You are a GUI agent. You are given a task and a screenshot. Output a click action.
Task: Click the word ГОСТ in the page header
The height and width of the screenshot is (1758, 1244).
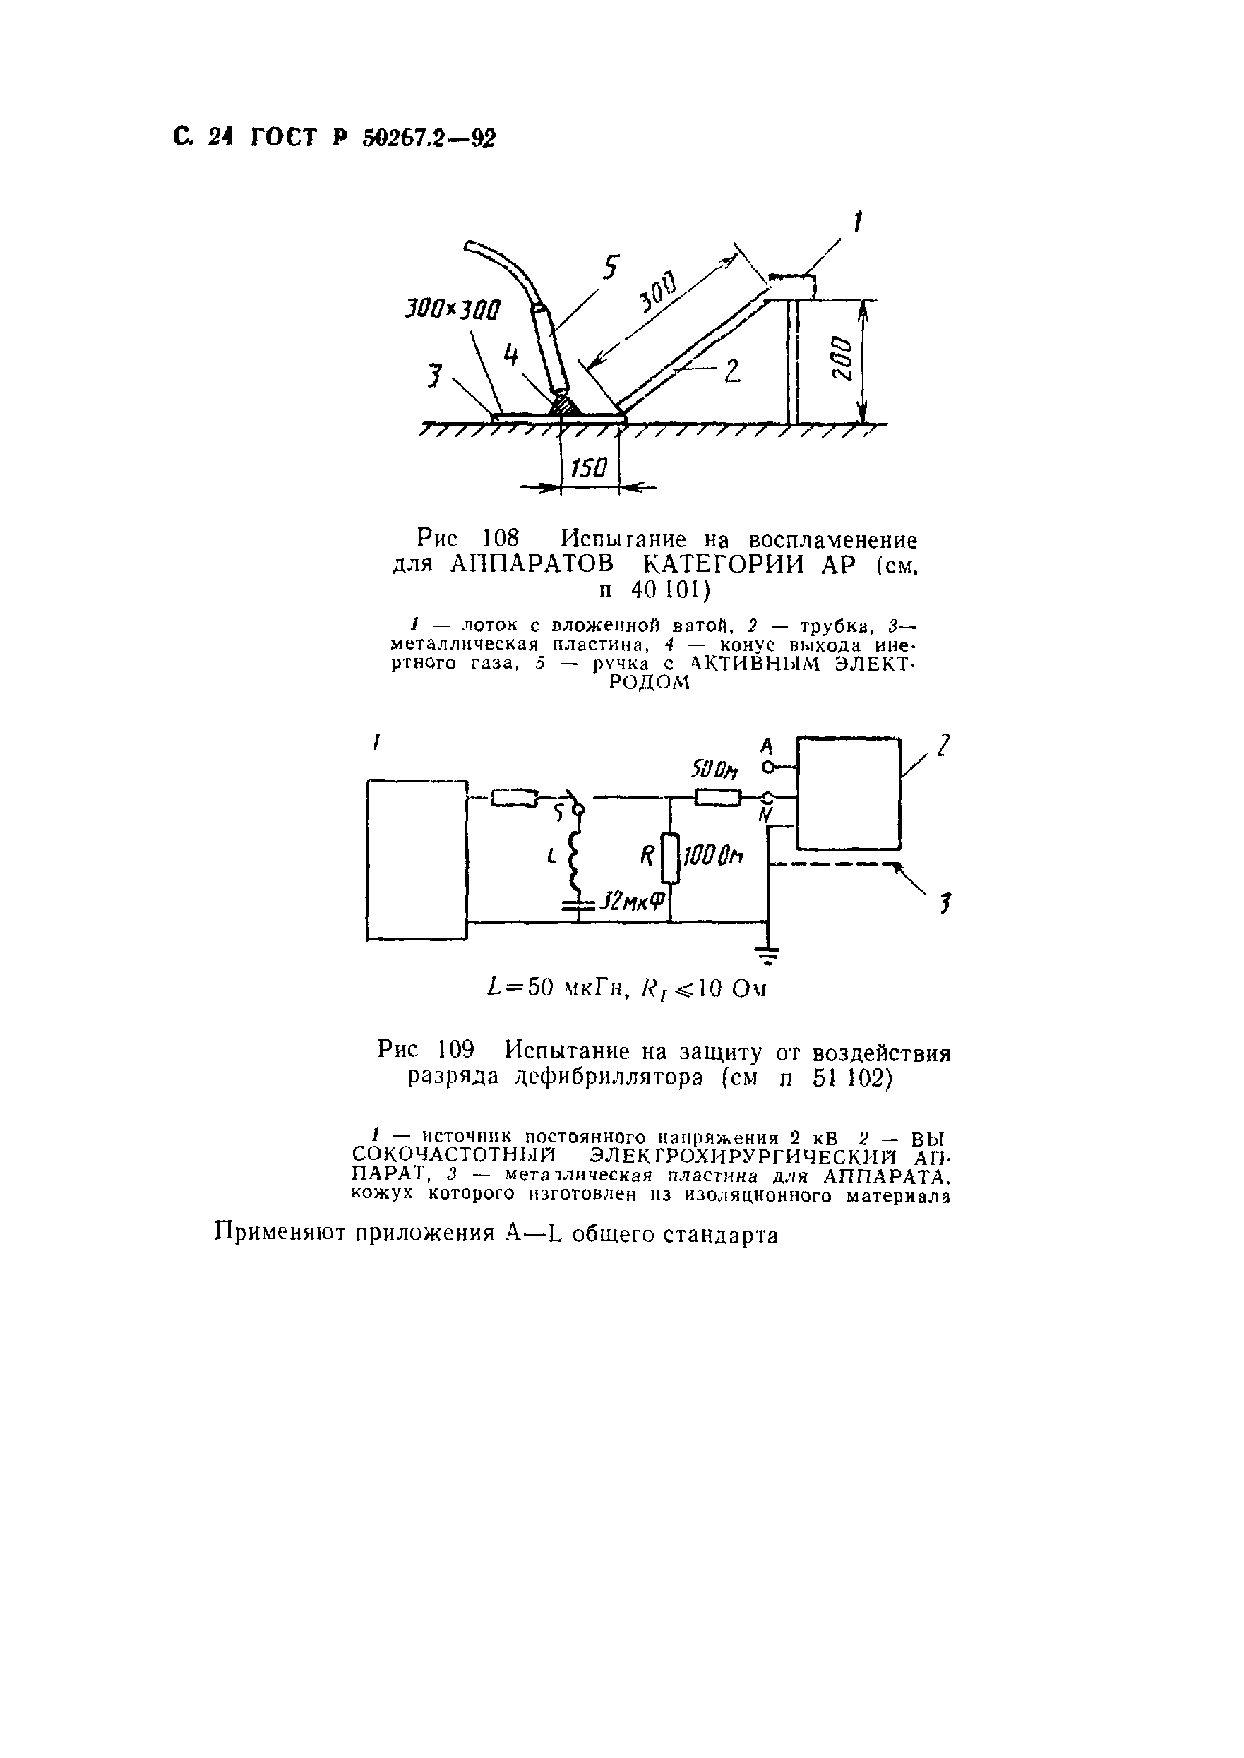click(283, 138)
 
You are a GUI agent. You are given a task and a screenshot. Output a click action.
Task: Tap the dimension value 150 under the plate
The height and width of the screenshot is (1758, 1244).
click(589, 467)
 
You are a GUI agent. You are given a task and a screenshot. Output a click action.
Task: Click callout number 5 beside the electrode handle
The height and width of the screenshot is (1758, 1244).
click(610, 268)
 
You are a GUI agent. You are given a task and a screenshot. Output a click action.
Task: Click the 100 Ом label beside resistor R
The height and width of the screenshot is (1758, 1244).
click(712, 856)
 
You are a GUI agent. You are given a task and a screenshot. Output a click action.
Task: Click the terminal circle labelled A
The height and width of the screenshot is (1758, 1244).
click(765, 766)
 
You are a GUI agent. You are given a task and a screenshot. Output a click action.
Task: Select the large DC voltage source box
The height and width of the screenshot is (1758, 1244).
click(417, 859)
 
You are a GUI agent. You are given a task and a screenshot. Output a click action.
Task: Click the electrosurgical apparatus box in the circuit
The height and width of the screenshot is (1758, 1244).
click(849, 793)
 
